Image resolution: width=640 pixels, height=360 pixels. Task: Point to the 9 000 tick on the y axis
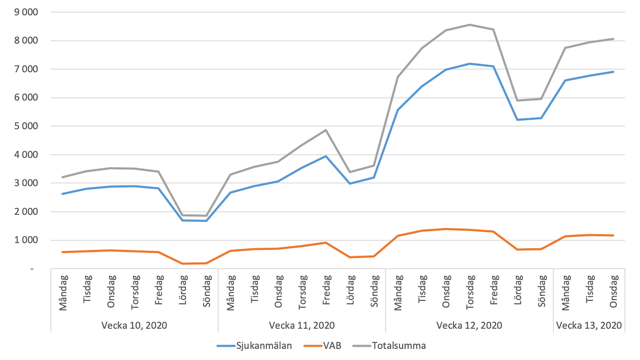26,12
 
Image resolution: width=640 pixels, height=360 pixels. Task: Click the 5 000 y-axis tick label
26,126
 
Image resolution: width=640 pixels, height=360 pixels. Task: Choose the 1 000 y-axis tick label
26,240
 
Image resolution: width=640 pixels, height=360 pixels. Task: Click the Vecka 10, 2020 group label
134,325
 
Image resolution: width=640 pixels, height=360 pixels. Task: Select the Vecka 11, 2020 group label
302,325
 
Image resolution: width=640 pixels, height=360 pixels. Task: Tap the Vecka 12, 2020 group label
469,325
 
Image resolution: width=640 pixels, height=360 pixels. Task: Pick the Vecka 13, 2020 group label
589,325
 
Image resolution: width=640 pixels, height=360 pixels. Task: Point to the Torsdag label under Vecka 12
470,292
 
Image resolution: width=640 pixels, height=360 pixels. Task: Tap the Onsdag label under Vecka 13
613,291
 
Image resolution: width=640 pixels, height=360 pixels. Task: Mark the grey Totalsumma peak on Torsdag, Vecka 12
470,25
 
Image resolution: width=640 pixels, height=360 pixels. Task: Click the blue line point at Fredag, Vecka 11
326,156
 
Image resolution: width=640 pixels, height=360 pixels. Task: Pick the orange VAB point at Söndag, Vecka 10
207,263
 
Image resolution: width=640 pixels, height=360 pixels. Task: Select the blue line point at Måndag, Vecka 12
398,110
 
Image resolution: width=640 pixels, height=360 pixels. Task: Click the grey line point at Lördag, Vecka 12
517,100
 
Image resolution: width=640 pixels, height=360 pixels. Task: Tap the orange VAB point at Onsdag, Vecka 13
613,235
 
